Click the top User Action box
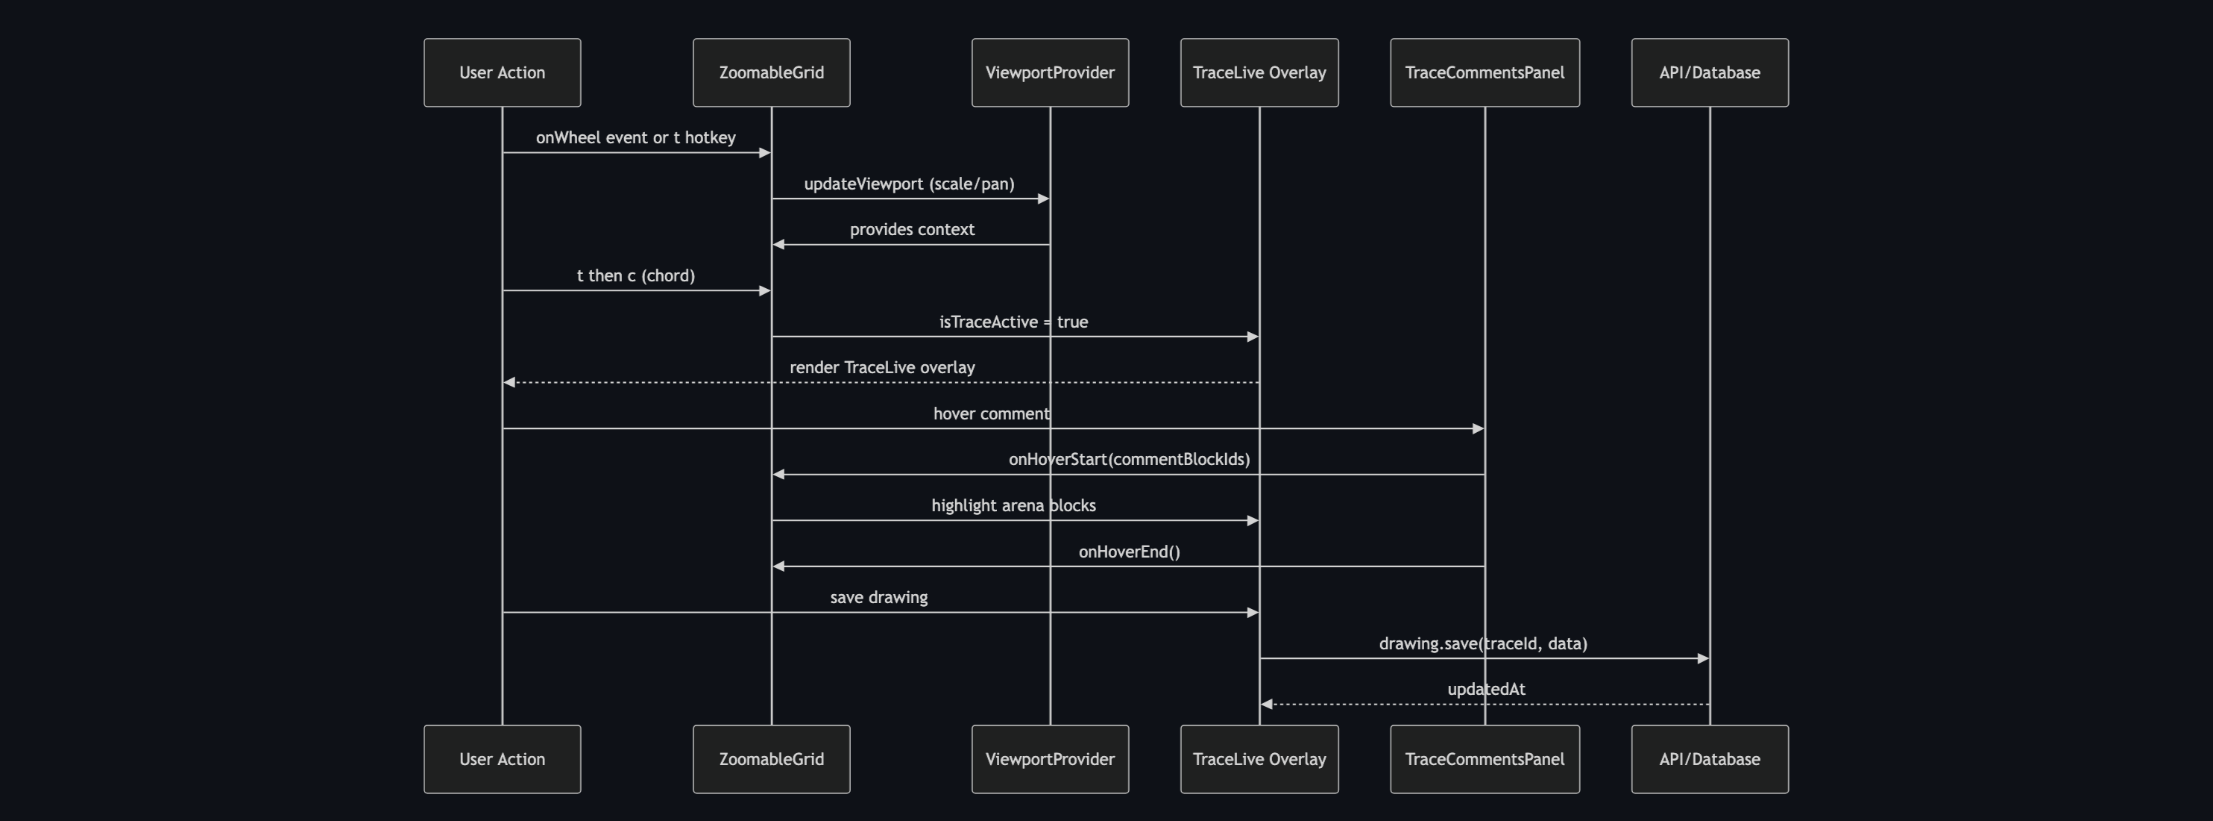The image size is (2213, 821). pos(502,72)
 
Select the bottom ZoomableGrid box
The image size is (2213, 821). pos(771,759)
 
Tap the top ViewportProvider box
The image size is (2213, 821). pos(1049,72)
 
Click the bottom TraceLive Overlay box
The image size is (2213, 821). pos(1259,759)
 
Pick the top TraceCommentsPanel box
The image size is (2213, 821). pos(1484,72)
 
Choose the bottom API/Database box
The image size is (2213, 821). pos(1709,759)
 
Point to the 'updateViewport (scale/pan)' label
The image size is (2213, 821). pos(909,184)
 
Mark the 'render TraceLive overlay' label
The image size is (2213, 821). pos(881,367)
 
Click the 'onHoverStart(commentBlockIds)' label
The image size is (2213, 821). pos(1128,459)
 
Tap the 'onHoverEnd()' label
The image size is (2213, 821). pos(1128,552)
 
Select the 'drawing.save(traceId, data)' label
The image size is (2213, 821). pos(1482,643)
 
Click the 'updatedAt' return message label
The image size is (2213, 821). pos(1485,690)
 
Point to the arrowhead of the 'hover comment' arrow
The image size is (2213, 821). pos(1478,428)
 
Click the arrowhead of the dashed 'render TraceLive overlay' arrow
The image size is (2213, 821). pos(509,383)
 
